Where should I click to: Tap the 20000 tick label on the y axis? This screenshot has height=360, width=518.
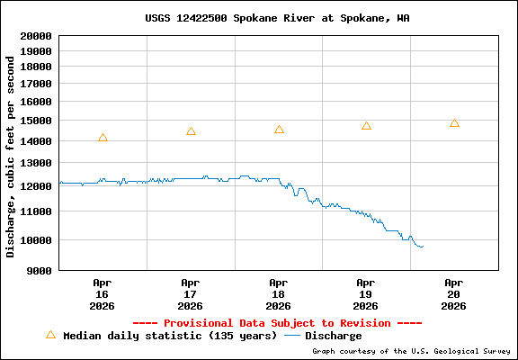(36, 36)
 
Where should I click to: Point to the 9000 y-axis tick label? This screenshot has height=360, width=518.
(40, 269)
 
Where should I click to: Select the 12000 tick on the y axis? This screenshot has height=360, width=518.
(36, 186)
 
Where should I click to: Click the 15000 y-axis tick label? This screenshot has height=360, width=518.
(36, 121)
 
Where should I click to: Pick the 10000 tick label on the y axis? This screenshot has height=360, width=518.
(36, 240)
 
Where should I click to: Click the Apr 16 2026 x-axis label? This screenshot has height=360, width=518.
(103, 293)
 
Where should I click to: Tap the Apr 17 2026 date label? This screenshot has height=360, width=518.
(191, 293)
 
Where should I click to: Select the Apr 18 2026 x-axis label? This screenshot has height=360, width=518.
(279, 293)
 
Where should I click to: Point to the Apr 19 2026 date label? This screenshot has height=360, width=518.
(366, 293)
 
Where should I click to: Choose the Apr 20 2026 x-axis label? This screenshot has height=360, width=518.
(454, 293)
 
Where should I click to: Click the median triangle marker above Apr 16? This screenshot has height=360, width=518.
(103, 138)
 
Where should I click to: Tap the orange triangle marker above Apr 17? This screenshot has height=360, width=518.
(191, 131)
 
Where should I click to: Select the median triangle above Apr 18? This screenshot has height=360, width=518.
(279, 130)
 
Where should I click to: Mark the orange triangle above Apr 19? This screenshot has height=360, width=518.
(366, 126)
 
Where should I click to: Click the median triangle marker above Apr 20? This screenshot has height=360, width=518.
(454, 123)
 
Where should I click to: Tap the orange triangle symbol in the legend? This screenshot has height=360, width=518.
(50, 335)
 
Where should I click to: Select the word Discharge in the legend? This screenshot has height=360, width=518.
(333, 336)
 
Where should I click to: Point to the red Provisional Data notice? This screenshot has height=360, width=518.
(277, 322)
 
